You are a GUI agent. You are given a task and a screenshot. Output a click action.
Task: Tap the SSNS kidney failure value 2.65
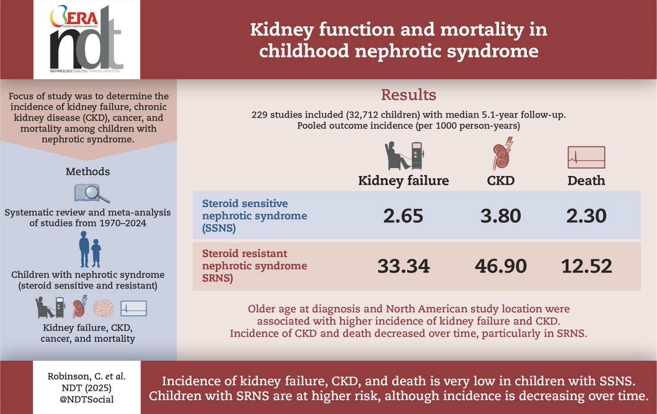(404, 216)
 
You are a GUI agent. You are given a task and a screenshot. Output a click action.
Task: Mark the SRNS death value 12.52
(586, 266)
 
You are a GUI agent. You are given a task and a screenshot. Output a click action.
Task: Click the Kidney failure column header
(404, 180)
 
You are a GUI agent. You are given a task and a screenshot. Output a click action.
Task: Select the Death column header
(586, 180)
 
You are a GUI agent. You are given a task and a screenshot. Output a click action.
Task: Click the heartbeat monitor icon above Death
(586, 158)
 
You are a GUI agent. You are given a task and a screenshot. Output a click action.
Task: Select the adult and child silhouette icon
(88, 250)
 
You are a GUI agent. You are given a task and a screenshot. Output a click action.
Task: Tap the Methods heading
(88, 172)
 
